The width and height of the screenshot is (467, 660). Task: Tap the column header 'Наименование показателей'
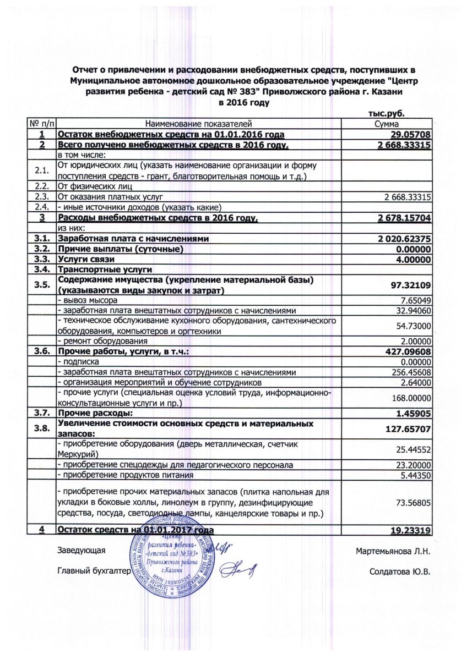198,125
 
